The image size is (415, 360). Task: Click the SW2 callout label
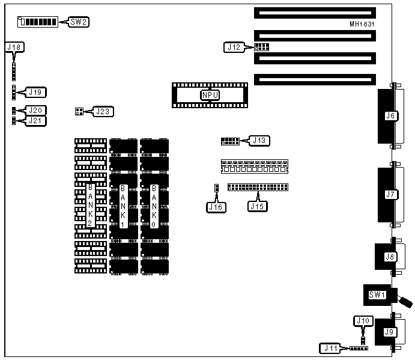click(79, 22)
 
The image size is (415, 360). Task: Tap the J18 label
click(13, 46)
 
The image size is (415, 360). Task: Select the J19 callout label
click(37, 93)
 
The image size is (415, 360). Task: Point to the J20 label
click(37, 111)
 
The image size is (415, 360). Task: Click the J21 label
click(37, 121)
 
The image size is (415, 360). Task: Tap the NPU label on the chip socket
click(210, 94)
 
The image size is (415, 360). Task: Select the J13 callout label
click(260, 141)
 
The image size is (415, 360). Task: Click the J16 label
click(215, 207)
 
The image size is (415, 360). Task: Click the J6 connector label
click(390, 116)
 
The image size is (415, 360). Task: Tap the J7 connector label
click(390, 194)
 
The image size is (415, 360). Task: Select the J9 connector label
click(389, 332)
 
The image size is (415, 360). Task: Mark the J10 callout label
click(362, 321)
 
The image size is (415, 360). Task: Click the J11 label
click(331, 347)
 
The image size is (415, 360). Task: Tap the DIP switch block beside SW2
click(38, 22)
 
